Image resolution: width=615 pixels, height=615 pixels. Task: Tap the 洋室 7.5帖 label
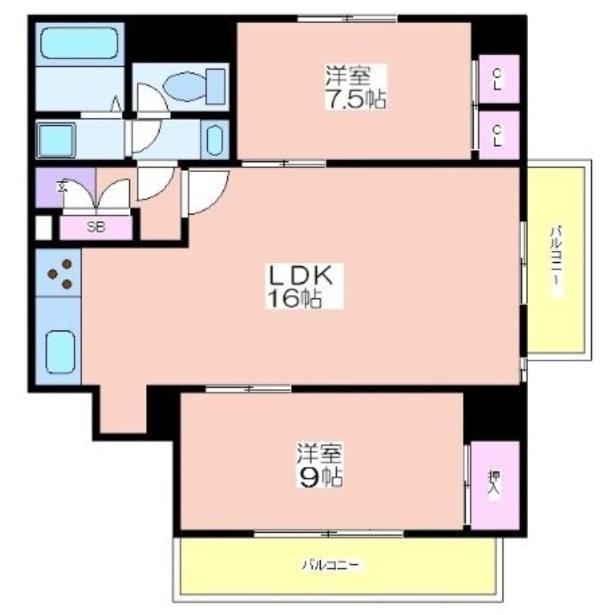pyautogui.click(x=354, y=87)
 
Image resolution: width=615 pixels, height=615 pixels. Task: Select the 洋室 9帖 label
pyautogui.click(x=320, y=465)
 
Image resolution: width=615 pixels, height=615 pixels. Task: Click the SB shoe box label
pyautogui.click(x=96, y=227)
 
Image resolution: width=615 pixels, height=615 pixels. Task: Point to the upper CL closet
pyautogui.click(x=499, y=79)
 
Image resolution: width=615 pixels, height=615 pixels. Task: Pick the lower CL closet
pyautogui.click(x=499, y=135)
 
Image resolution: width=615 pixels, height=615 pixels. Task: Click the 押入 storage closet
pyautogui.click(x=495, y=485)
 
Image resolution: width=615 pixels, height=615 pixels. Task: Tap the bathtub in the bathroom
pyautogui.click(x=80, y=43)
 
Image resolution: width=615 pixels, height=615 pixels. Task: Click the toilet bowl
pyautogui.click(x=195, y=86)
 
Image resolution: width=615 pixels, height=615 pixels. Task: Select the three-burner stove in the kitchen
pyautogui.click(x=58, y=273)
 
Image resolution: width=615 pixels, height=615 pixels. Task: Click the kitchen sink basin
pyautogui.click(x=61, y=352)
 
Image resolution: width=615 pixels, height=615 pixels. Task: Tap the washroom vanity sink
pyautogui.click(x=214, y=140)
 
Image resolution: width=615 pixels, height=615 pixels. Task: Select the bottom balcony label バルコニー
pyautogui.click(x=331, y=565)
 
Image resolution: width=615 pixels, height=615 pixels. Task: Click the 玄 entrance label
pyautogui.click(x=62, y=186)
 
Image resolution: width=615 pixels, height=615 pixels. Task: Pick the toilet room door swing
pyautogui.click(x=152, y=101)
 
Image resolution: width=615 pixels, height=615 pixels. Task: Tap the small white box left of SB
pyautogui.click(x=44, y=228)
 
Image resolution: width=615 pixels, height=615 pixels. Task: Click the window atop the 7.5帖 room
pyautogui.click(x=347, y=18)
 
